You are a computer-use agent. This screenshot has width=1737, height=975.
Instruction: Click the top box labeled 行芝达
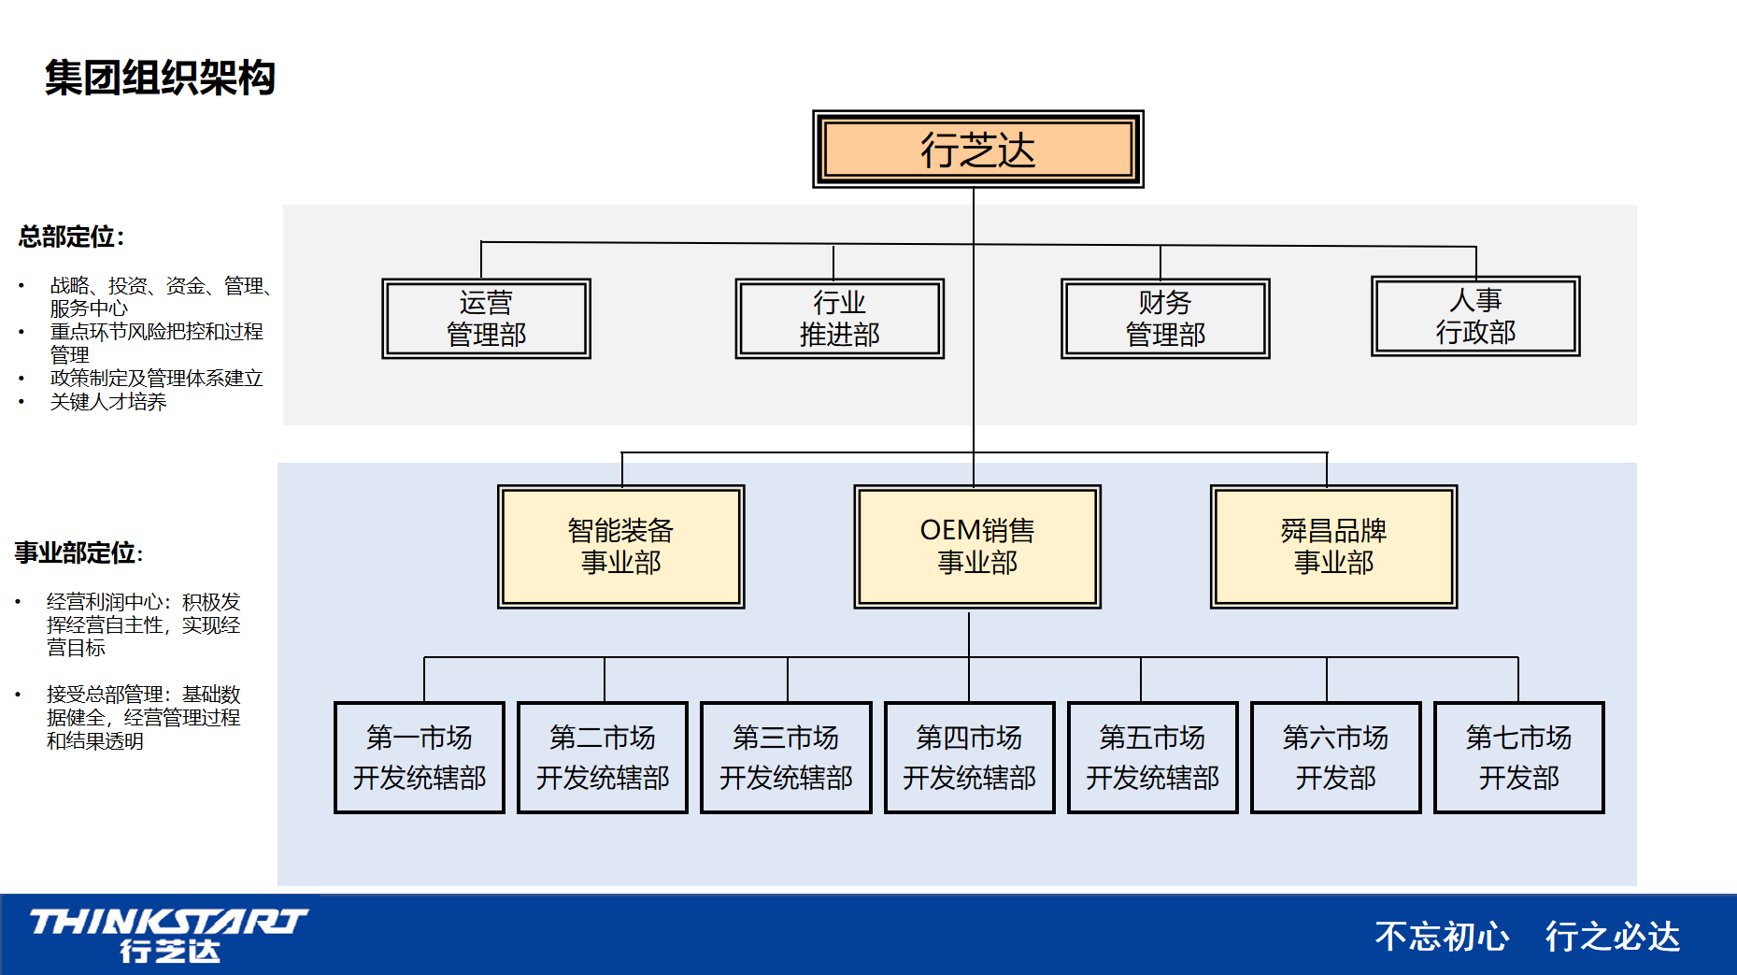pos(977,150)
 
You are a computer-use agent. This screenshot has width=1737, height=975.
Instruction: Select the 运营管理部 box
pos(486,319)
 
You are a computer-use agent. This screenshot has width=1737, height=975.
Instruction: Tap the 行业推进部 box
pos(839,319)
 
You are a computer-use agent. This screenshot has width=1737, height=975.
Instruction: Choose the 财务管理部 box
pos(1165,319)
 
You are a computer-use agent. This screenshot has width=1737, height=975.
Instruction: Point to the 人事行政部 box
pos(1475,316)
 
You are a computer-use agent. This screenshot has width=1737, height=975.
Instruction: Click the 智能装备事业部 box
pos(620,547)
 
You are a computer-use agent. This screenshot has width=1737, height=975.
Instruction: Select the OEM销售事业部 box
pos(977,547)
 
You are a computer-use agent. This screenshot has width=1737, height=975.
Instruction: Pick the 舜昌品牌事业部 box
pos(1333,547)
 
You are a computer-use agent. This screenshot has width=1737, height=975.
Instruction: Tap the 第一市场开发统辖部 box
pos(420,757)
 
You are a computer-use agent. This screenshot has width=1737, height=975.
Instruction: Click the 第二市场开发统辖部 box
pos(603,757)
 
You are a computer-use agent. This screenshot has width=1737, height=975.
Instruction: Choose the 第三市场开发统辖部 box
pos(786,757)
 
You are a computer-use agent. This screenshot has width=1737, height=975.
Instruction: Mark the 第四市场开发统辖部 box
pos(969,757)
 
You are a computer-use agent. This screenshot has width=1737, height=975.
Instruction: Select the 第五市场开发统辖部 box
pos(1152,757)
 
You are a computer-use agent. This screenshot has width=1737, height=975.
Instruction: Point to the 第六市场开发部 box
pos(1335,757)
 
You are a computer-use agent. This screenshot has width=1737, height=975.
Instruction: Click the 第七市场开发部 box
pos(1518,757)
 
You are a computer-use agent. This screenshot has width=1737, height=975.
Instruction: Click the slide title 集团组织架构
pos(160,78)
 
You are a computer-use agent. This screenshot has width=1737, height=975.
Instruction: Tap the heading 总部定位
pos(71,237)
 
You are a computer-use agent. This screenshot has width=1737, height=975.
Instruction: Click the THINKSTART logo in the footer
pos(169,934)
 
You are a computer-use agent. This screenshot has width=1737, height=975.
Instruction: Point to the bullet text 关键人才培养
pos(108,402)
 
